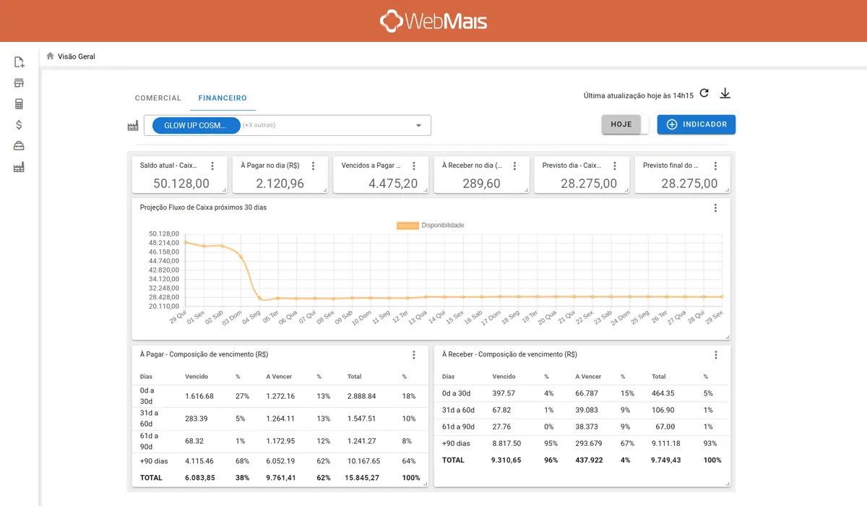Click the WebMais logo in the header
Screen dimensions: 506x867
click(x=433, y=21)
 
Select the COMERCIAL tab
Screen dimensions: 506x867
click(x=158, y=98)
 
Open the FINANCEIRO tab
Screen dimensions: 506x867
click(x=223, y=98)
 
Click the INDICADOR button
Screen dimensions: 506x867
click(x=696, y=124)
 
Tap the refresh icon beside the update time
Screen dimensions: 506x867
click(x=704, y=94)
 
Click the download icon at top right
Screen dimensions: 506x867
click(x=726, y=94)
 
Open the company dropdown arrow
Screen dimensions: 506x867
click(x=418, y=126)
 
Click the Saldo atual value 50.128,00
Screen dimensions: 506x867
click(x=181, y=184)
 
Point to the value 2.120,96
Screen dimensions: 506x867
click(x=282, y=184)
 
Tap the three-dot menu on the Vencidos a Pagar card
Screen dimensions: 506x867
click(x=414, y=166)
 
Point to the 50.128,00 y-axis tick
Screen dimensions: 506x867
click(x=163, y=233)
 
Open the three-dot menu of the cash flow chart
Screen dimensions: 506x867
click(x=715, y=208)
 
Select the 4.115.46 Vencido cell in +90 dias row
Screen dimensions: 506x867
click(x=199, y=461)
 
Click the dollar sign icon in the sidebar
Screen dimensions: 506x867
click(x=20, y=124)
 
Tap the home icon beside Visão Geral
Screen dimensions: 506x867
click(x=50, y=56)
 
